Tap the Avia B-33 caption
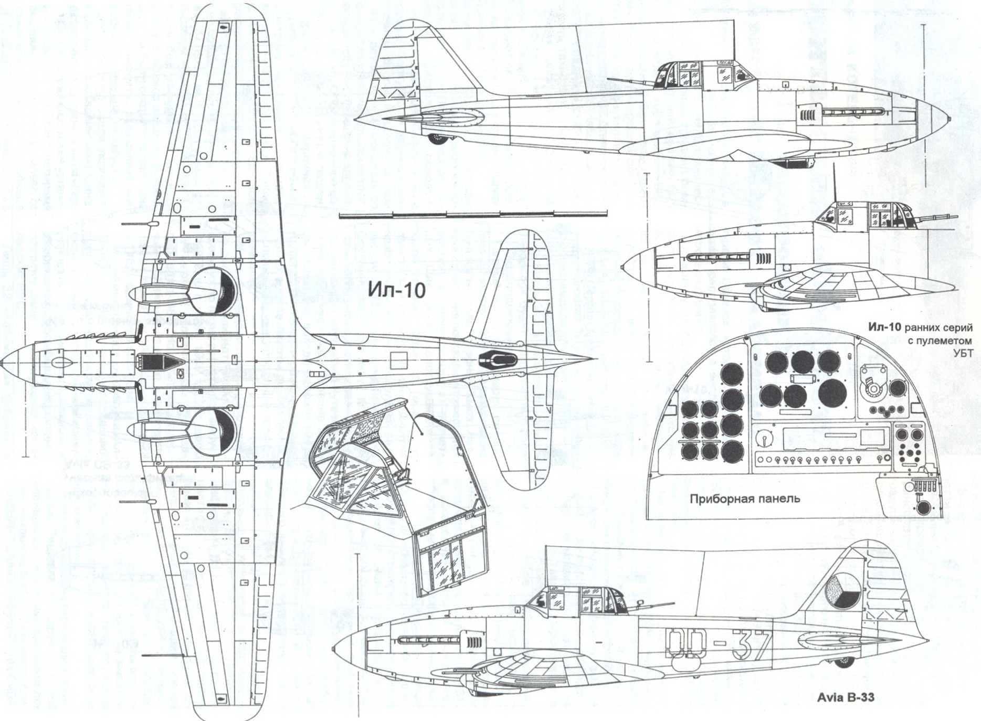[x=845, y=698]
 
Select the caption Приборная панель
[x=745, y=499]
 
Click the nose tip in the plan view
[x=3, y=363]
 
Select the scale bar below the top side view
[x=472, y=214]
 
